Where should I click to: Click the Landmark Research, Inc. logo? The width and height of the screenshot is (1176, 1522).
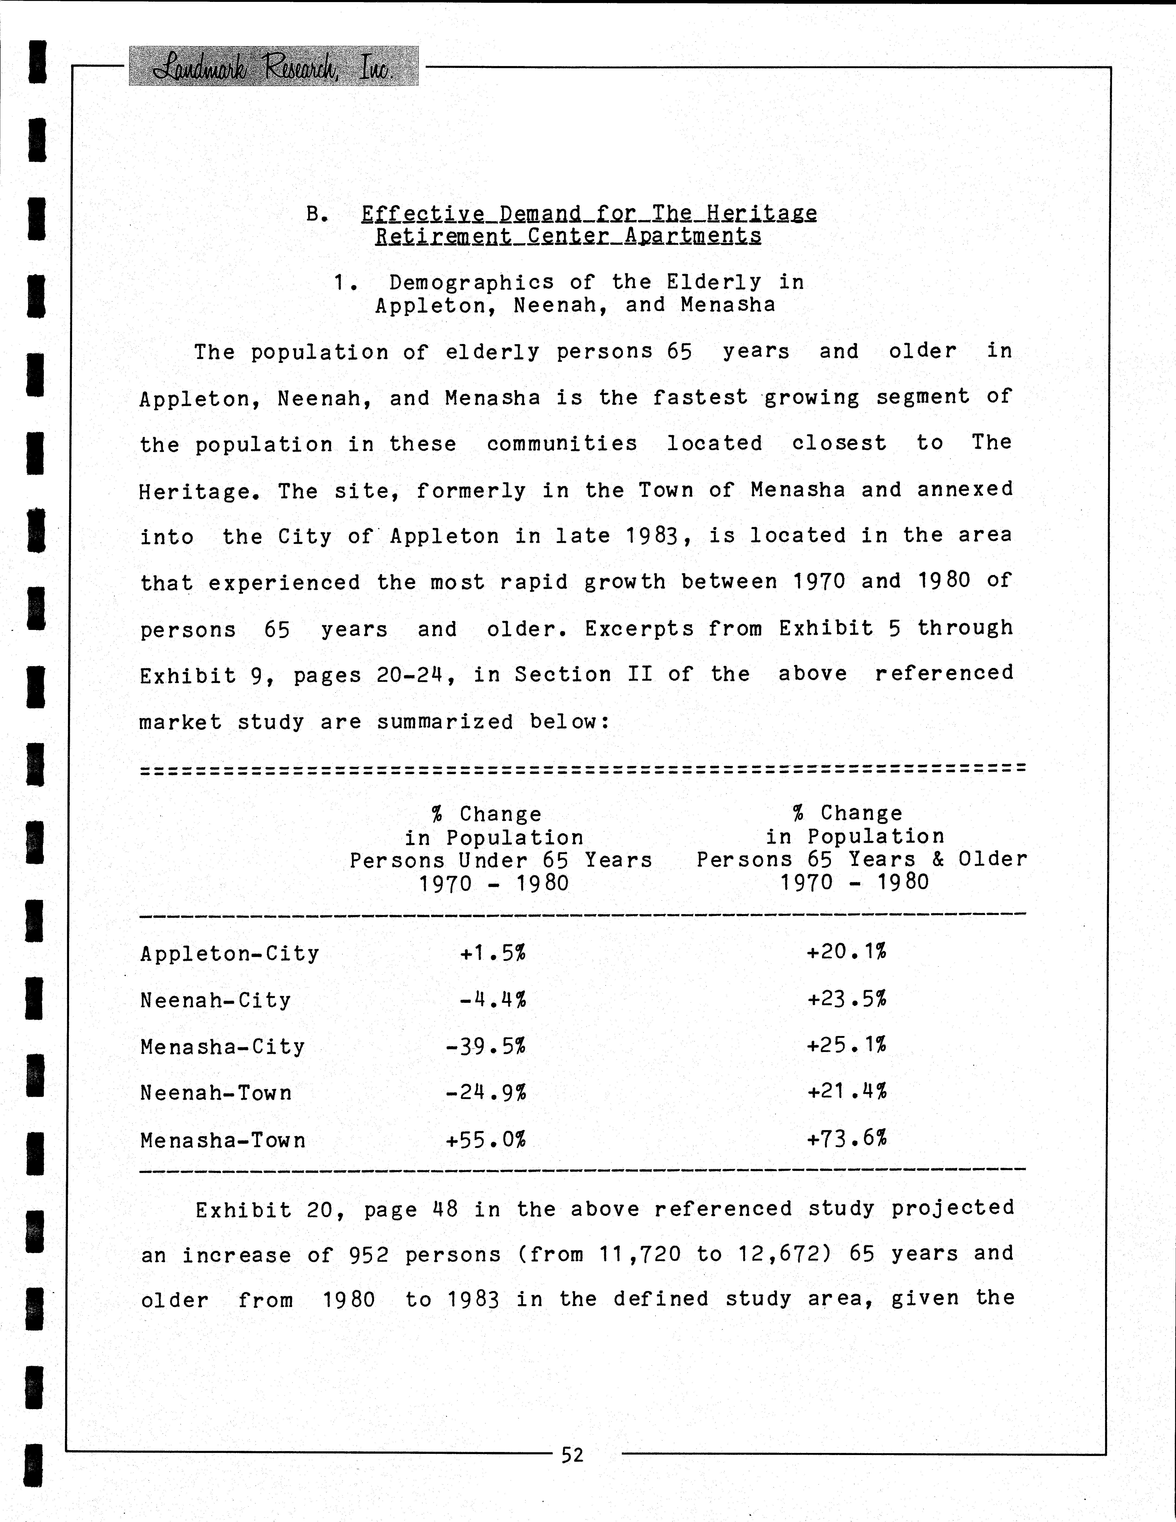coord(273,66)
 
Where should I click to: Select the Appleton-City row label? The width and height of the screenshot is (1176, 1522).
coord(229,953)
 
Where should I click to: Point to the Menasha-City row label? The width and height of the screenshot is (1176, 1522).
coord(222,1047)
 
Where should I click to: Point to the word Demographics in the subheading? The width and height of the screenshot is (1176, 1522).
coord(471,282)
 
